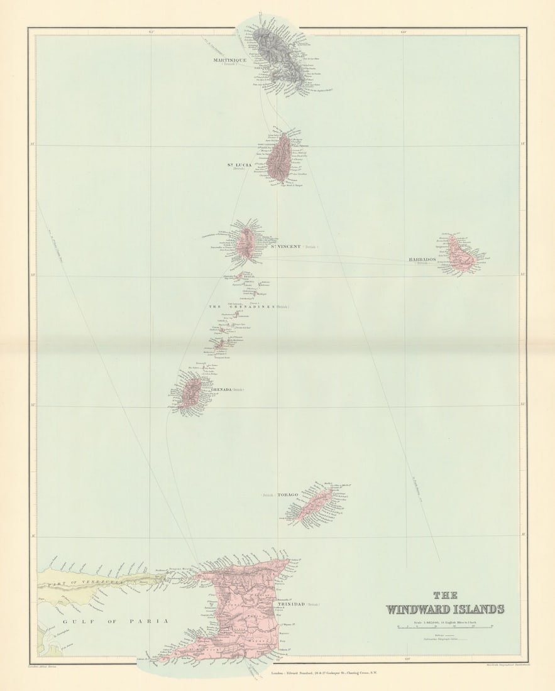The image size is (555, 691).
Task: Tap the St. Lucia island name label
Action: (239, 165)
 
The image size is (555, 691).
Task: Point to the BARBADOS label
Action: (422, 259)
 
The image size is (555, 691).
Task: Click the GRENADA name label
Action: (220, 389)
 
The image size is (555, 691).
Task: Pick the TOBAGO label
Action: (287, 495)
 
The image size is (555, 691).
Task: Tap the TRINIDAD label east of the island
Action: (289, 604)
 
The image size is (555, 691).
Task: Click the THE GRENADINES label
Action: (241, 307)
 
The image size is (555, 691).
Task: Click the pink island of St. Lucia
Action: (278, 158)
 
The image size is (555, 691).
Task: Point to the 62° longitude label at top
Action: (151, 31)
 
